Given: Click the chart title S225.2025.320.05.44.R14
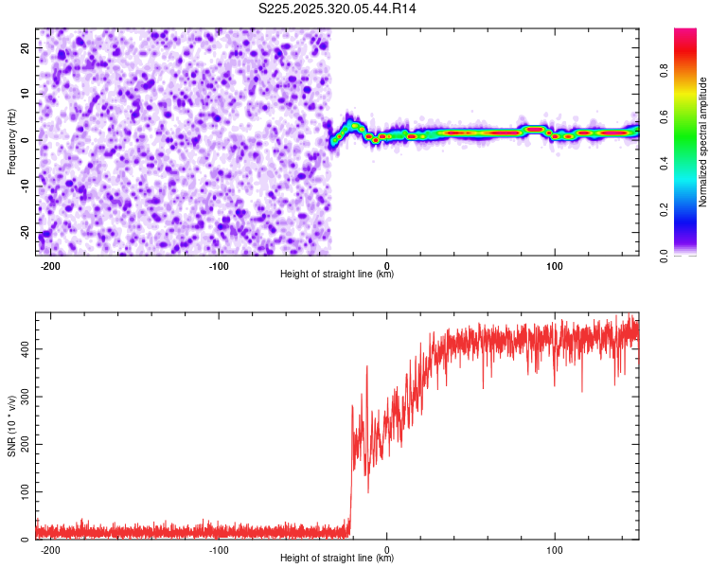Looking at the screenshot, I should pyautogui.click(x=337, y=9).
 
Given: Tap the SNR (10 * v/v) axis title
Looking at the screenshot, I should pyautogui.click(x=11, y=425).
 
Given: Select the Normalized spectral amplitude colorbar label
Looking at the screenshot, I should pyautogui.click(x=703, y=142).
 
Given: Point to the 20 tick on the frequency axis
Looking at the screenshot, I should pyautogui.click(x=24, y=47).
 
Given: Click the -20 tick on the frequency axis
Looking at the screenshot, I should pyautogui.click(x=24, y=232).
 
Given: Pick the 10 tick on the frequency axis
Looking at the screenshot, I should pyautogui.click(x=26, y=94).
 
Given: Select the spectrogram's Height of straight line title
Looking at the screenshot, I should pyautogui.click(x=337, y=275).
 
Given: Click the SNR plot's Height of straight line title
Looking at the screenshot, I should pyautogui.click(x=337, y=559).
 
